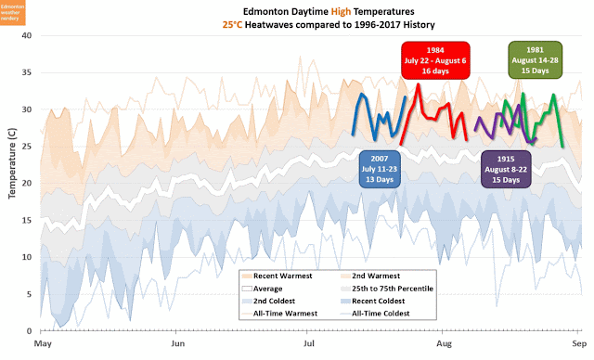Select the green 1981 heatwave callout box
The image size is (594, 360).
coord(535,58)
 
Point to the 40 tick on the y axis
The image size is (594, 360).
coord(26,36)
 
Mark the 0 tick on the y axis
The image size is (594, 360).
coord(29,330)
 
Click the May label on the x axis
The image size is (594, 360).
coord(42,343)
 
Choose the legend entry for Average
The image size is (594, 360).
coord(269,289)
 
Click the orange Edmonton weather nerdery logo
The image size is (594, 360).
coord(18,14)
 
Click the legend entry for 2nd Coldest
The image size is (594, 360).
coord(275,302)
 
